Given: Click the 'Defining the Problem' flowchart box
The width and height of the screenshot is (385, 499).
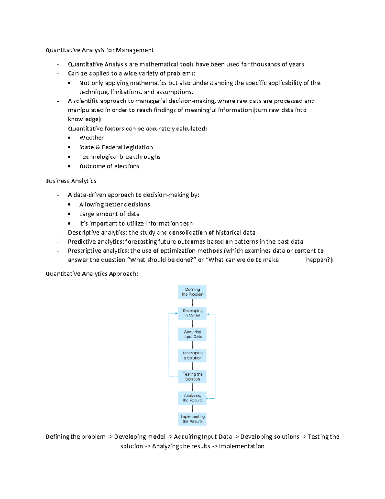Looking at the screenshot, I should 192,292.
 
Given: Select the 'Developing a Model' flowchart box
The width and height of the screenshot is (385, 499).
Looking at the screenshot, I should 192,313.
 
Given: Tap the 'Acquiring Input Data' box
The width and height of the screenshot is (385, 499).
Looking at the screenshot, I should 192,334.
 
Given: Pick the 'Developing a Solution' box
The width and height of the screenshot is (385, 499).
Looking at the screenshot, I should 192,355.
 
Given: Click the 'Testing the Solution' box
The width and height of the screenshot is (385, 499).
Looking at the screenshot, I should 192,377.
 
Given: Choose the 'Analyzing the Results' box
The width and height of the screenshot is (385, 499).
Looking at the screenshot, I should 192,398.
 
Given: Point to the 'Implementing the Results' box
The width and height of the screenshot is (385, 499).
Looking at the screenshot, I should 192,419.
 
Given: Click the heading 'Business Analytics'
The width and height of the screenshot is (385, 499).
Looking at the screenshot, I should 71,181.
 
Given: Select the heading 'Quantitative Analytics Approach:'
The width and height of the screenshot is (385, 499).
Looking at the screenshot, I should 92,274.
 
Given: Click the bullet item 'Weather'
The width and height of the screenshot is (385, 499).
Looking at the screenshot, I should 91,138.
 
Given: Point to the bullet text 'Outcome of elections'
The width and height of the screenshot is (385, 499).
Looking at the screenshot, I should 109,166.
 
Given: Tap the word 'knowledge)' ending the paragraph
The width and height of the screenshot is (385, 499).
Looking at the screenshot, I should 84,119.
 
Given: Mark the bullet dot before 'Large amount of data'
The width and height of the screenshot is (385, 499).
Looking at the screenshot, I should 69,214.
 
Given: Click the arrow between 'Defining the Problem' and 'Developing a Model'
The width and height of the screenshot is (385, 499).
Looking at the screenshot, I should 193,303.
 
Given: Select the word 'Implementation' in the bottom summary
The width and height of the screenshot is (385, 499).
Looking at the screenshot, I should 242,446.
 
